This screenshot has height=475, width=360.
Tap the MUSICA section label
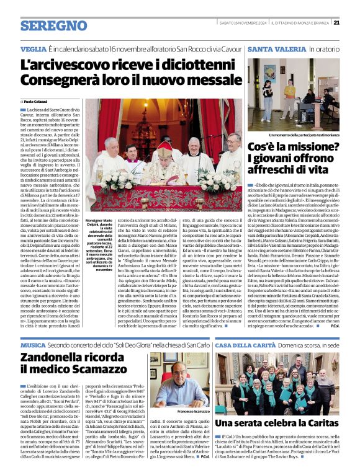tap(33, 344)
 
